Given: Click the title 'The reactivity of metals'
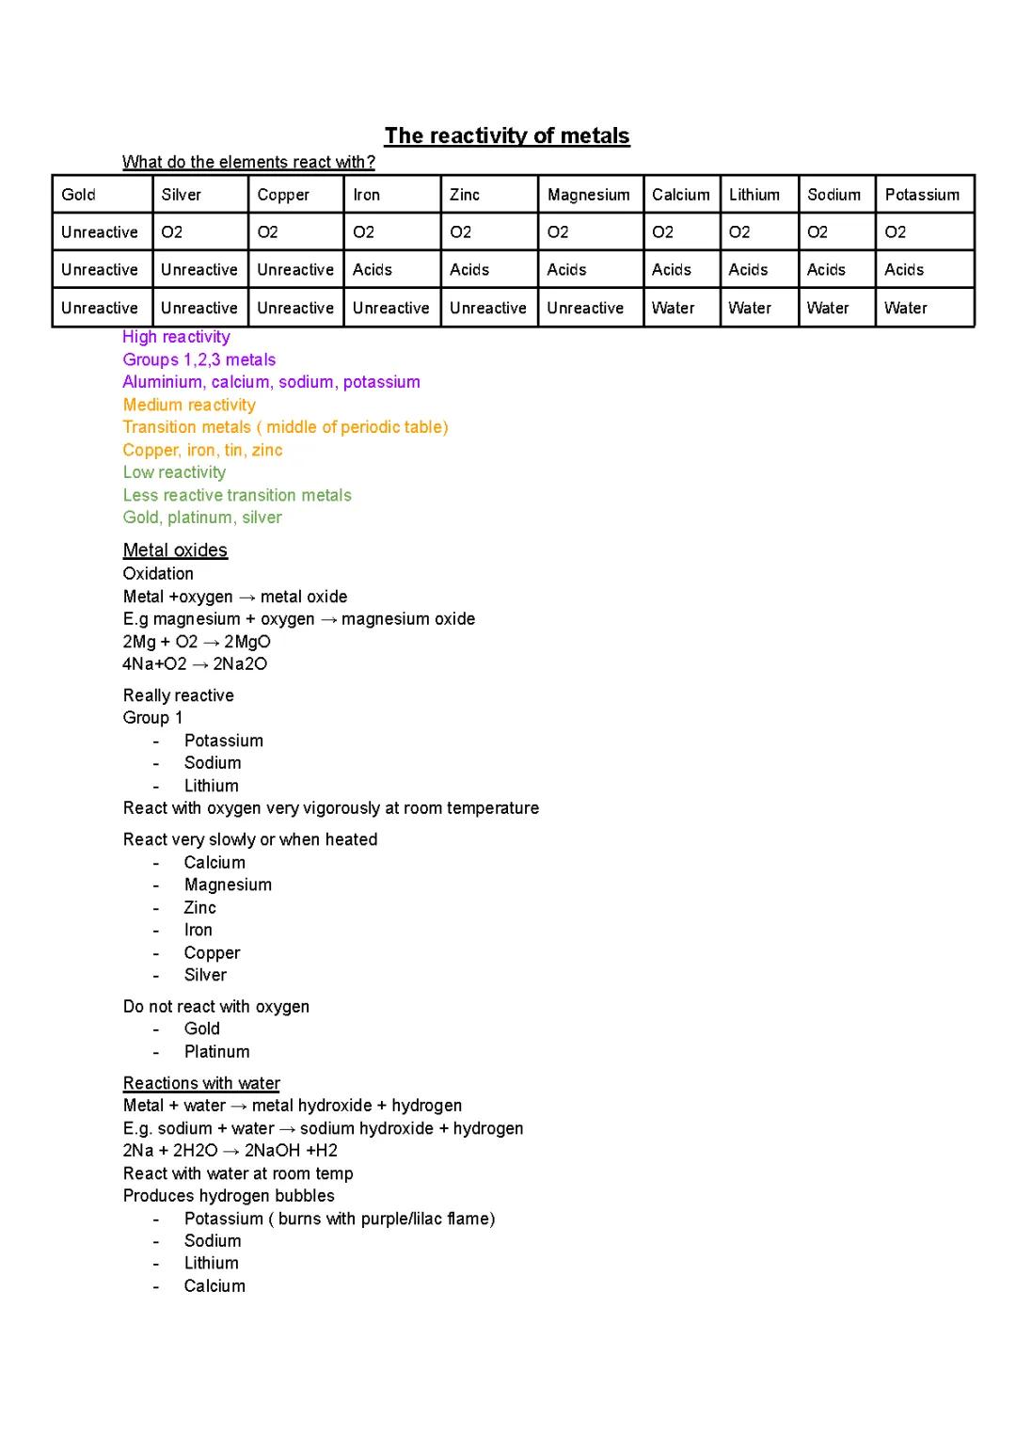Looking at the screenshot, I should pyautogui.click(x=507, y=136).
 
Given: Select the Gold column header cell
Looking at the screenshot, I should pyautogui.click(x=102, y=195).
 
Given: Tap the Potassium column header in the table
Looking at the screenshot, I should pyautogui.click(x=924, y=195).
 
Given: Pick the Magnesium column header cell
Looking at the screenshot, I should pyautogui.click(x=590, y=195).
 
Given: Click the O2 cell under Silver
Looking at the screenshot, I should pyautogui.click(x=199, y=232).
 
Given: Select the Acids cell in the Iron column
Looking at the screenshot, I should pyautogui.click(x=391, y=270).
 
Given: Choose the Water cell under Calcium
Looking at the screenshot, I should pyautogui.click(x=681, y=308).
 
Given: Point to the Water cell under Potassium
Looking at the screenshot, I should pyautogui.click(x=924, y=308).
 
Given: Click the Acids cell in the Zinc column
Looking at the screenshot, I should pyautogui.click(x=488, y=270).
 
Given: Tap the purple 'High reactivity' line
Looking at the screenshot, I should pyautogui.click(x=176, y=337).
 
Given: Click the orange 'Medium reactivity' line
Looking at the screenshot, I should pyautogui.click(x=189, y=405).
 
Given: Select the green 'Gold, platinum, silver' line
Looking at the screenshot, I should pyautogui.click(x=202, y=518).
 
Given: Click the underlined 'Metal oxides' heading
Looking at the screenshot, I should pyautogui.click(x=175, y=550).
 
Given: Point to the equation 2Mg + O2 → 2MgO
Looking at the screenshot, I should pyautogui.click(x=197, y=642).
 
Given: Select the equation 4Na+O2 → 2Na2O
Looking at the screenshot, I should pyautogui.click(x=195, y=664).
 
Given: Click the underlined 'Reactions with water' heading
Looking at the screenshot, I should pyautogui.click(x=201, y=1083).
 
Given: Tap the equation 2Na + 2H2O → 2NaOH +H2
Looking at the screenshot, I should pyautogui.click(x=230, y=1151).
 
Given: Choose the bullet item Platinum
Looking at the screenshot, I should pyautogui.click(x=216, y=1052).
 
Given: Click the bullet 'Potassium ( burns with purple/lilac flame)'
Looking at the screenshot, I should pyautogui.click(x=339, y=1219).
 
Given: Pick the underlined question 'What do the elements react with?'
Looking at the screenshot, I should pyautogui.click(x=248, y=162).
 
